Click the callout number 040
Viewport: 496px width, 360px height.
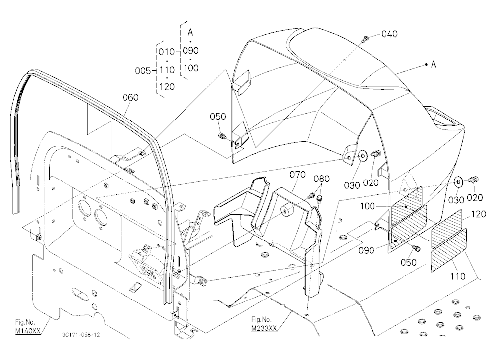(x=389, y=34)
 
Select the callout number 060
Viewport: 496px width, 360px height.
(x=130, y=97)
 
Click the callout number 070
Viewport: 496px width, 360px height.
(x=297, y=175)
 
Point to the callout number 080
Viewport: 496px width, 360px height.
(x=322, y=179)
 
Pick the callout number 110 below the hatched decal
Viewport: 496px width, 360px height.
(x=457, y=277)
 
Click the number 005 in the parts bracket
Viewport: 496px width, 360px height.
(x=143, y=71)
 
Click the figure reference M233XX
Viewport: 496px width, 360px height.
(x=264, y=328)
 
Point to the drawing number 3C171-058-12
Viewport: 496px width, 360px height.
(x=81, y=335)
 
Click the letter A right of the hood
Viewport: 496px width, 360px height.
(x=434, y=64)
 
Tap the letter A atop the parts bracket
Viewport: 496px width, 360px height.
(x=190, y=32)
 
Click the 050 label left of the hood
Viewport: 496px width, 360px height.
(x=218, y=117)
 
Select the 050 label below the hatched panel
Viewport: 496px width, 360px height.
(x=408, y=262)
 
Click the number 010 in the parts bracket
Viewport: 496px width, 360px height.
(x=166, y=52)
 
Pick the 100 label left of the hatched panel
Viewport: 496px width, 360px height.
(x=367, y=206)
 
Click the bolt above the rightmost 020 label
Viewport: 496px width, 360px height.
(x=475, y=180)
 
